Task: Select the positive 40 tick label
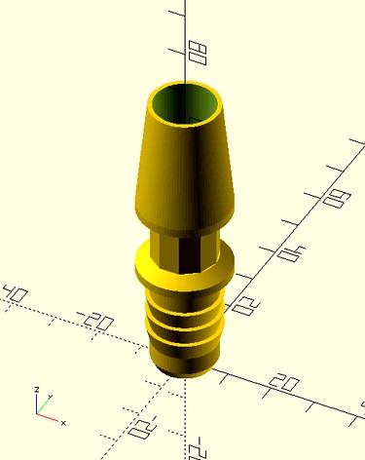(290, 255)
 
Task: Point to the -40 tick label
(16, 293)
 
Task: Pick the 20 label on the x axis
(284, 383)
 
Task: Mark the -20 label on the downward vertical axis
(198, 447)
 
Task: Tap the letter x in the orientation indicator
(63, 424)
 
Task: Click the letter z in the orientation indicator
(36, 389)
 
